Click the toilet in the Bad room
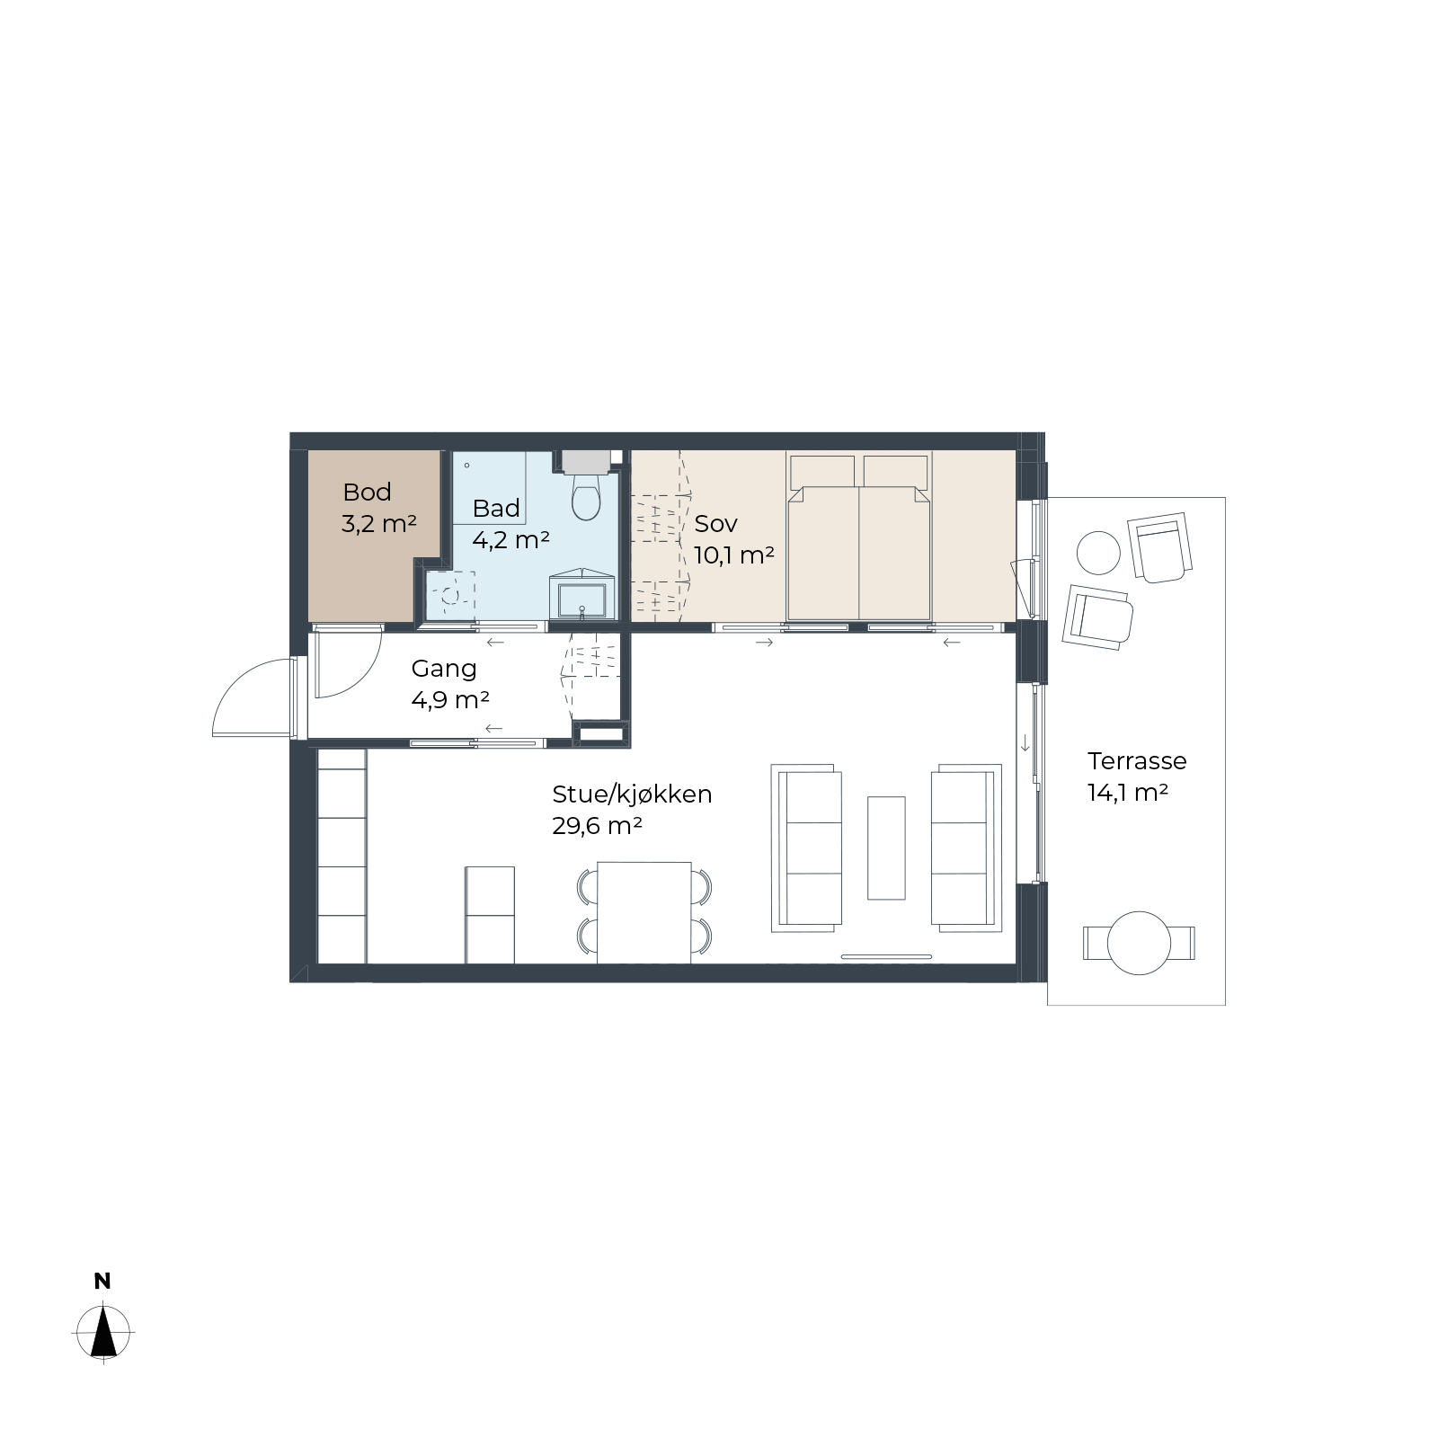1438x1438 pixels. [x=586, y=495]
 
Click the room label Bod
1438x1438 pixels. [x=367, y=492]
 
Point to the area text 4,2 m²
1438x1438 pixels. [x=510, y=539]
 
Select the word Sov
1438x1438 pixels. [x=715, y=523]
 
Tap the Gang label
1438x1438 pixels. [x=443, y=669]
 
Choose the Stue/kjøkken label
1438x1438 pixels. [x=632, y=794]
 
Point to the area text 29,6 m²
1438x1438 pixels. [x=597, y=825]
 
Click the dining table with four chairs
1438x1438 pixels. [x=644, y=911]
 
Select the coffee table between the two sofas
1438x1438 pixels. [x=886, y=848]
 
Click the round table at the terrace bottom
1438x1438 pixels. [x=1139, y=943]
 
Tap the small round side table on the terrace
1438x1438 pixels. [x=1098, y=553]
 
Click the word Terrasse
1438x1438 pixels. [x=1137, y=761]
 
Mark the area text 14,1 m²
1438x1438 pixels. [x=1127, y=793]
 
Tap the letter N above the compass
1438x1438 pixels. [x=102, y=1282]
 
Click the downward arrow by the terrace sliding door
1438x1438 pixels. [x=1025, y=743]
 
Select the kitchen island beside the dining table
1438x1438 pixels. [x=490, y=915]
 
